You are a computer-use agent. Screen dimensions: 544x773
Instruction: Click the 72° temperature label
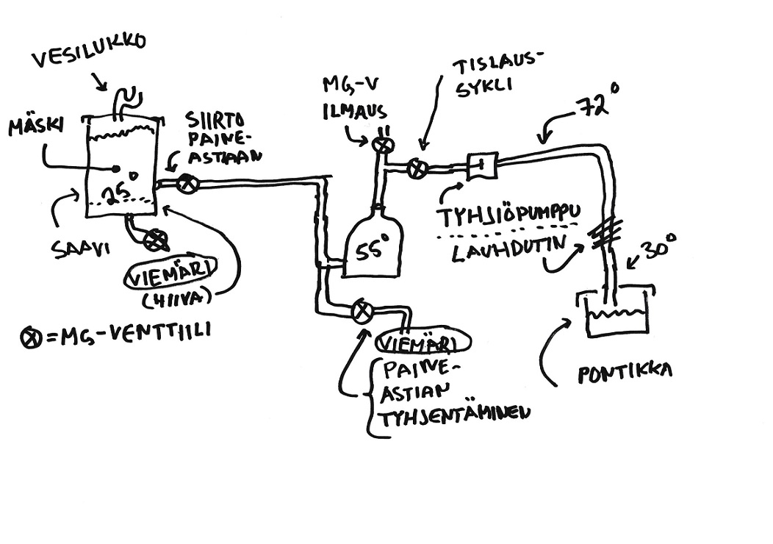(596, 108)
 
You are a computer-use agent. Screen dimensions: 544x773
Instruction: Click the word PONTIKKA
(625, 372)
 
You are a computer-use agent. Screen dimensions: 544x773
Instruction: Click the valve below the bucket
(156, 240)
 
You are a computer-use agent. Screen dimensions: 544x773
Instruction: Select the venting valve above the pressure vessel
(383, 146)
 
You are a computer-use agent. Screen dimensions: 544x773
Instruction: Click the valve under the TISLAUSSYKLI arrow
(417, 168)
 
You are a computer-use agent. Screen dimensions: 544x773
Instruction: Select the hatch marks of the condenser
(603, 236)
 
